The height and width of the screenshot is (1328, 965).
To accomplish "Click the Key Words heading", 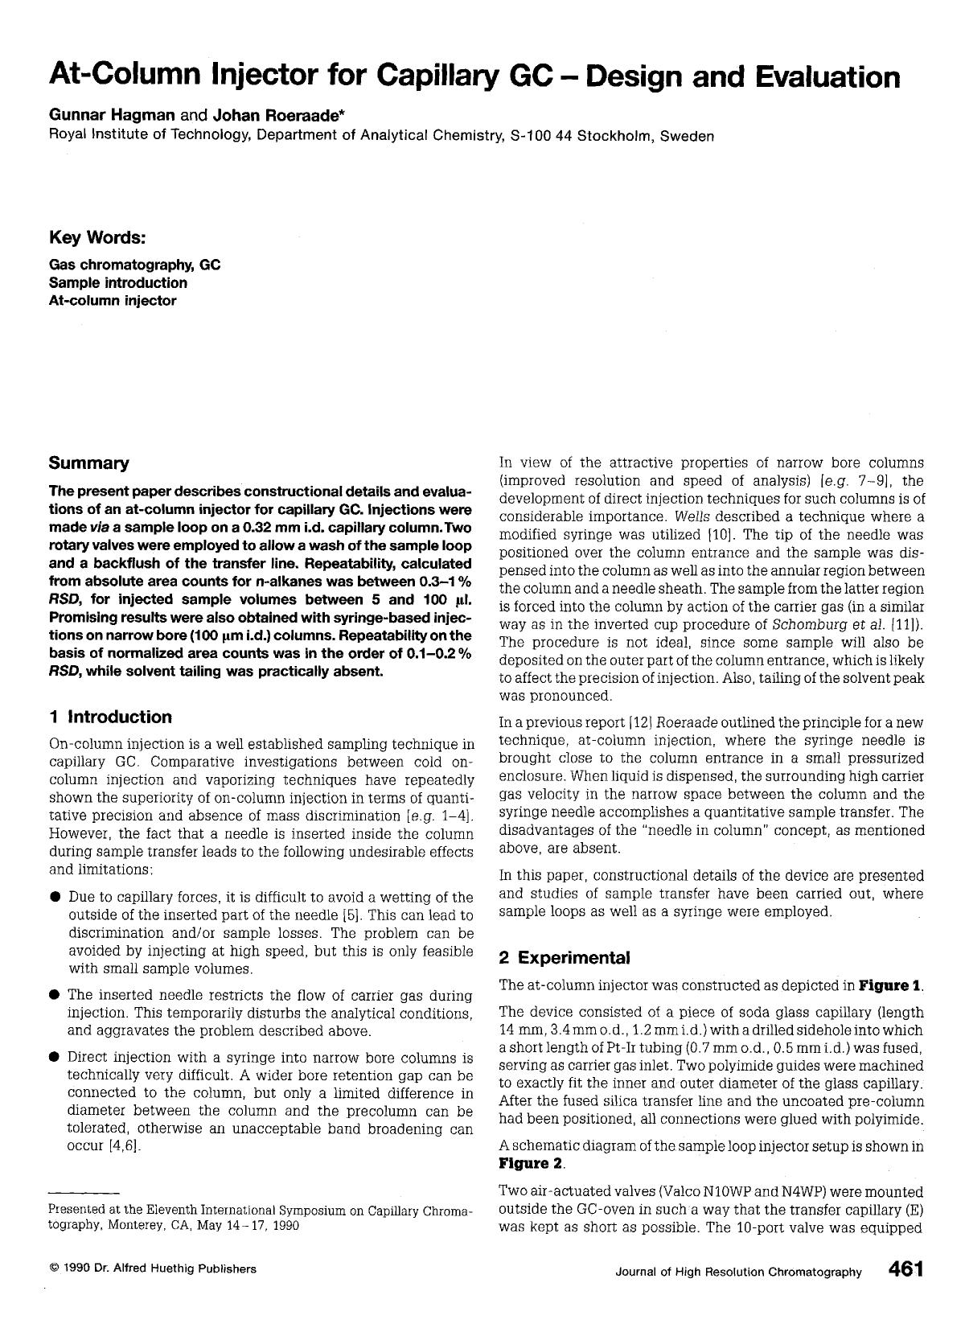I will click(97, 238).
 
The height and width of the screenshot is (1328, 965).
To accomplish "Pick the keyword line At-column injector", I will click(113, 301).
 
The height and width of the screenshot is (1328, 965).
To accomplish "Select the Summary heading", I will click(88, 463).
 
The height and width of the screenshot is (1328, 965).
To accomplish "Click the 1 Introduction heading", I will click(110, 717).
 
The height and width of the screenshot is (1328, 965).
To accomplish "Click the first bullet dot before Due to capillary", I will click(55, 897).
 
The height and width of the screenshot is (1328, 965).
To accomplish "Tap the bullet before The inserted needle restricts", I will click(55, 995).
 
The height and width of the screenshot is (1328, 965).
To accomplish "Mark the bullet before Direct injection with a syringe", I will click(55, 1057).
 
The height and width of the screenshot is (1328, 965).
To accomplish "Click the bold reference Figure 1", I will click(890, 985).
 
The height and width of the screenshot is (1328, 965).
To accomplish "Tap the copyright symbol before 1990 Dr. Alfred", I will click(53, 1269).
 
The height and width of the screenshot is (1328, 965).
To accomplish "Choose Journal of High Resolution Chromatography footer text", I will click(738, 1272).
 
